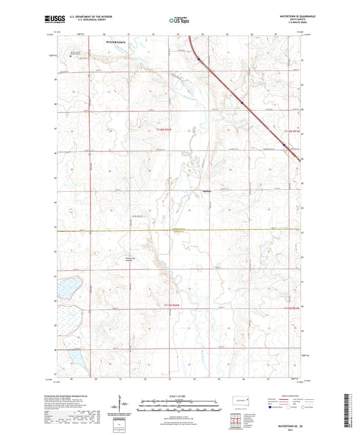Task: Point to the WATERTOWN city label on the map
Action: click(115, 42)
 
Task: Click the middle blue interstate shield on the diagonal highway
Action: click(241, 103)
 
